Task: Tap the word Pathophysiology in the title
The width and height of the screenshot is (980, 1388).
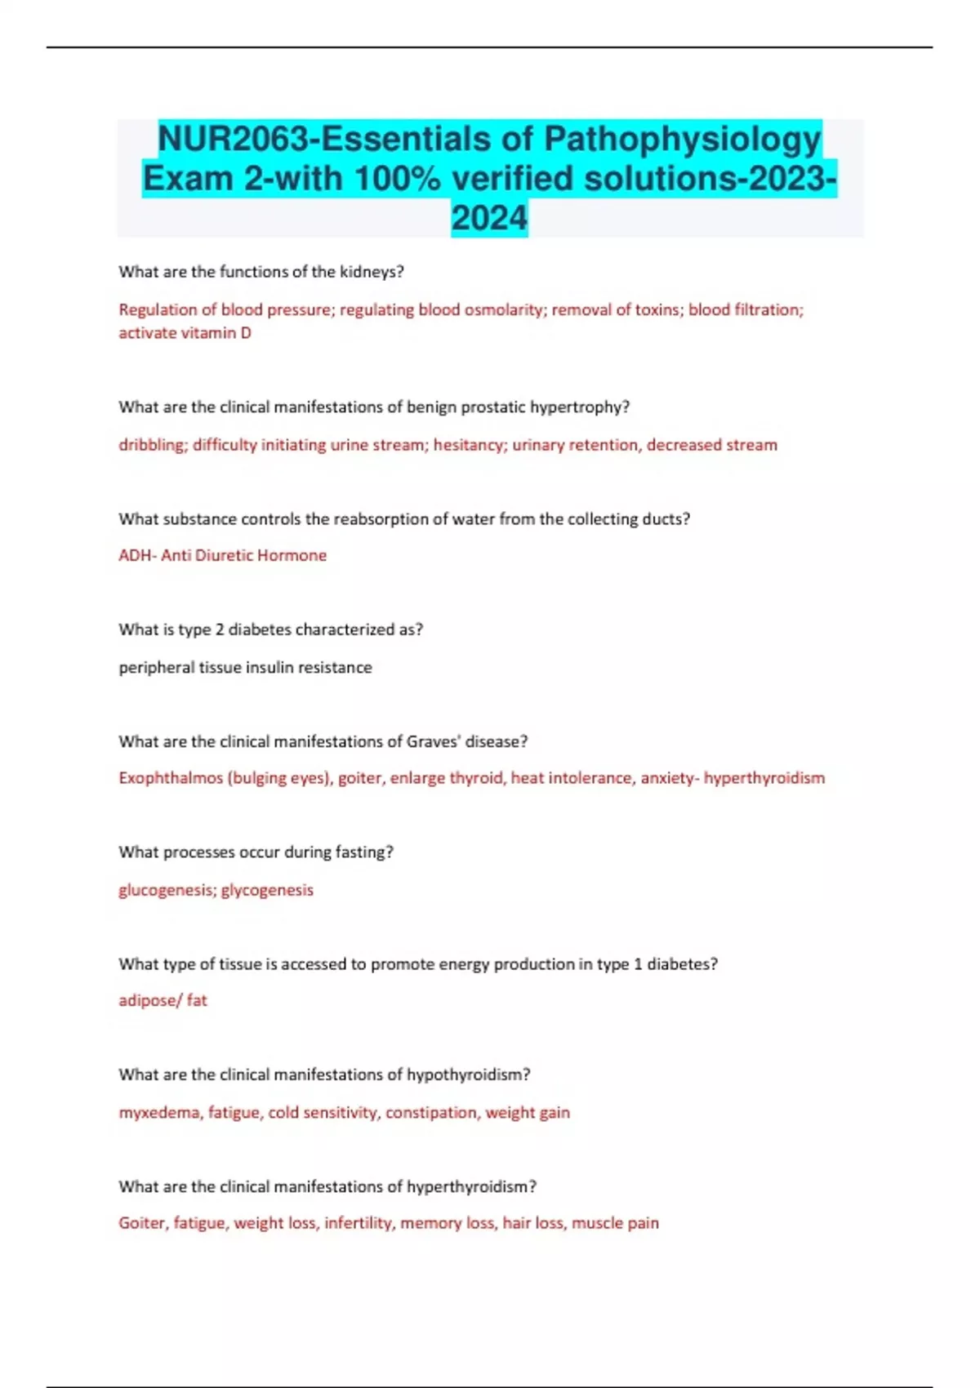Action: (x=682, y=139)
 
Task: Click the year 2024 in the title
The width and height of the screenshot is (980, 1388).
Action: (x=489, y=218)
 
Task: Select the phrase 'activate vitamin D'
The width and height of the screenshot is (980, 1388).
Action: (x=185, y=332)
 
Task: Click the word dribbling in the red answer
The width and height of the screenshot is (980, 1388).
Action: (x=152, y=445)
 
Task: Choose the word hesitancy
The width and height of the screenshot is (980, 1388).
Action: (x=470, y=445)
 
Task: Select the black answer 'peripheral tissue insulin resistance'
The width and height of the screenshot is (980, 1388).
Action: (x=245, y=667)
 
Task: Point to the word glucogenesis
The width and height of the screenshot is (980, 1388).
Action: (x=167, y=890)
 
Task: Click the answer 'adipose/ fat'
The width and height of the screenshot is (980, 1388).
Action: (x=163, y=1000)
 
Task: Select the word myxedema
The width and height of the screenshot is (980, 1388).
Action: (x=159, y=1112)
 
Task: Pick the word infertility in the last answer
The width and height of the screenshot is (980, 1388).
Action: (x=358, y=1223)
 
